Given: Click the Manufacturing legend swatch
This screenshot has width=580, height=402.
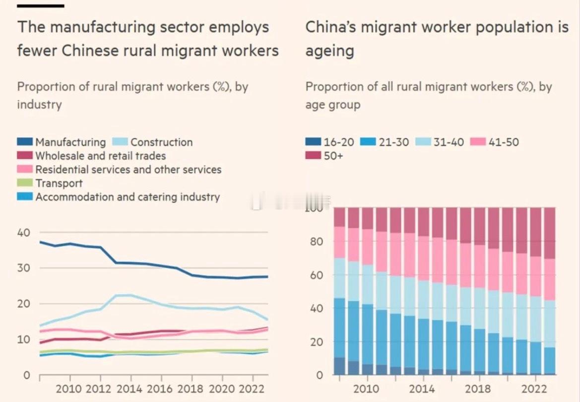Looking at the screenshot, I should (x=25, y=142).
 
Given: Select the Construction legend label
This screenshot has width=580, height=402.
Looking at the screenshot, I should (x=161, y=142).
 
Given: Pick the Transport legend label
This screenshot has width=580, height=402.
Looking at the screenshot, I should (x=59, y=183).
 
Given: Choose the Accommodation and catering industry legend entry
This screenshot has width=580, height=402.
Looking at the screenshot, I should (x=127, y=197).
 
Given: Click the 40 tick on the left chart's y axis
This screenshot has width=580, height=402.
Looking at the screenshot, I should (x=24, y=233).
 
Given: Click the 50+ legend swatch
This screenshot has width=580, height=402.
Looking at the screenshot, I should (x=314, y=156).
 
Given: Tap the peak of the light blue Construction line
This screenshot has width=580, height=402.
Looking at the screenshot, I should (x=123, y=295).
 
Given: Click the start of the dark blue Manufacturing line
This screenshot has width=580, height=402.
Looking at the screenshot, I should (x=40, y=242).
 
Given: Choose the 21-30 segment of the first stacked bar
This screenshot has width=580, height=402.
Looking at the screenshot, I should (x=339, y=328).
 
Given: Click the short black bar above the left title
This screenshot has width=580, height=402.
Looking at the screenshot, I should (x=41, y=6).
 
